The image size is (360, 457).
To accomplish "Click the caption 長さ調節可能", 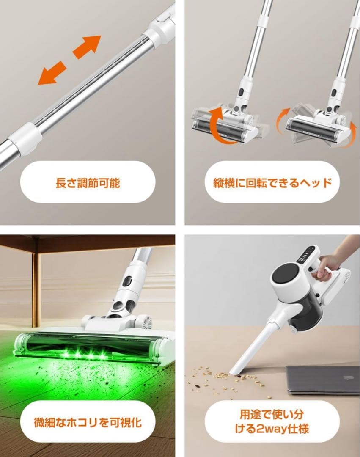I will coord(88,183).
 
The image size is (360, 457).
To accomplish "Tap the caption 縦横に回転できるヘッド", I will coord(272,183).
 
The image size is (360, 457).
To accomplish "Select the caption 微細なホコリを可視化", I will coord(88,422).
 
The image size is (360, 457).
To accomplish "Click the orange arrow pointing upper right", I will coord(87,47).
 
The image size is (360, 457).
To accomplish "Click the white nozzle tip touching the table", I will coord(235,370).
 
